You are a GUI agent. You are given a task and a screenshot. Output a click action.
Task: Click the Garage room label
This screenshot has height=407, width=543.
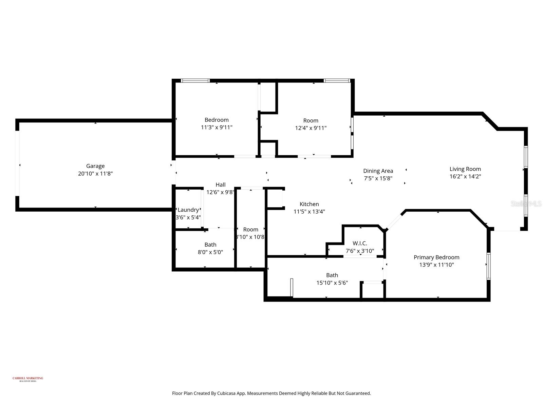95,166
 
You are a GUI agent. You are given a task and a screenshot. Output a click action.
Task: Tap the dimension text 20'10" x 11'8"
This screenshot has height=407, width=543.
95,174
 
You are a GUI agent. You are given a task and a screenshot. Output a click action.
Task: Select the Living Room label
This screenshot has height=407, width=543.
465,169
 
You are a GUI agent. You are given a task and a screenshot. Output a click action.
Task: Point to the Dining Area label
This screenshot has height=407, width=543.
378,171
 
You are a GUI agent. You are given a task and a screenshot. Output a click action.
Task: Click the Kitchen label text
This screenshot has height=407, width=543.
309,204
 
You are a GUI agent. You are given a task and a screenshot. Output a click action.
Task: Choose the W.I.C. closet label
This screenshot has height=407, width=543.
359,244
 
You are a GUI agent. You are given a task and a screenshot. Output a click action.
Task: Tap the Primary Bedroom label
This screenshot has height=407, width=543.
436,257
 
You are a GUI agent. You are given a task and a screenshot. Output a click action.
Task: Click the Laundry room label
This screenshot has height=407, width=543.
188,210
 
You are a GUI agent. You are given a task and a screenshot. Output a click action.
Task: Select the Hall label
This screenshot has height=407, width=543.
220,185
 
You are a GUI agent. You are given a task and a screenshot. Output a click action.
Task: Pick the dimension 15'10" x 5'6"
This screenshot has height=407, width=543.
332,283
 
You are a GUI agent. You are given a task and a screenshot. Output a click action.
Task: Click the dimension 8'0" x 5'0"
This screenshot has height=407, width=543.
210,252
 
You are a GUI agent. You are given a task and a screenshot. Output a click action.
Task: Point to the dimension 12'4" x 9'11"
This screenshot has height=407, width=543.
311,128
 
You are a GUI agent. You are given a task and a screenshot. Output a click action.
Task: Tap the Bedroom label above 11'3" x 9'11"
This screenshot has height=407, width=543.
216,120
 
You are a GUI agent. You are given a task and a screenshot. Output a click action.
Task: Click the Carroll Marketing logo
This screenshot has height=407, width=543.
28,379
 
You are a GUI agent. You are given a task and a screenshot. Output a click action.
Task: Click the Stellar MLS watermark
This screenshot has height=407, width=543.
526,204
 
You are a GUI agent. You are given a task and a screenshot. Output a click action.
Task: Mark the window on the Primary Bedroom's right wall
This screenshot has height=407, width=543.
488,266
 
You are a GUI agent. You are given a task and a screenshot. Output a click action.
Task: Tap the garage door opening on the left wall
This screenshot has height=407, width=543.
17,163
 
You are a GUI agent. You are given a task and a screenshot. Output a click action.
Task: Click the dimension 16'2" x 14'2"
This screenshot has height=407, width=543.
465,176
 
